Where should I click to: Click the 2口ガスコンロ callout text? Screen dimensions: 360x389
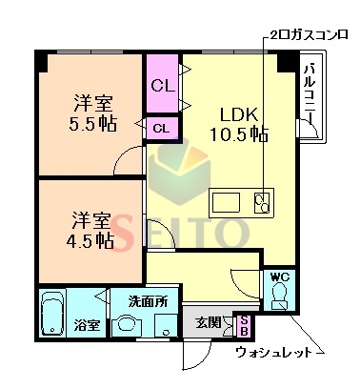click(x=309, y=34)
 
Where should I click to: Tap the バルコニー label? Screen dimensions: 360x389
click(x=310, y=92)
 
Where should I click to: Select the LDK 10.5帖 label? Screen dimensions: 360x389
click(x=239, y=124)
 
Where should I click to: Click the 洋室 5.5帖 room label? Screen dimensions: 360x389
click(x=93, y=113)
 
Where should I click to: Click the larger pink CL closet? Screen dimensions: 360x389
click(x=163, y=83)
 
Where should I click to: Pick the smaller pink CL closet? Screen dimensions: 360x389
click(x=162, y=128)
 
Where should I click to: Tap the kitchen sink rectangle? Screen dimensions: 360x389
click(x=226, y=202)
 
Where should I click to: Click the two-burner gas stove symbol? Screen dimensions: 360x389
click(x=262, y=203)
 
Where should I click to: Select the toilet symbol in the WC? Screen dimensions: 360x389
click(x=279, y=297)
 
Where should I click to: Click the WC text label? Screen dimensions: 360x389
click(x=280, y=277)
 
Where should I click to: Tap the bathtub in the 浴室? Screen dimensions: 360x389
click(x=52, y=314)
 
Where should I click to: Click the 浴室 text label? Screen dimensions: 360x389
click(x=87, y=325)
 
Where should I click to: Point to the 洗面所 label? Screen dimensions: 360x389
click(x=148, y=301)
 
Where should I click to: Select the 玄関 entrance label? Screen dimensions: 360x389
click(x=208, y=322)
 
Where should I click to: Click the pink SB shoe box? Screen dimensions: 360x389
click(x=244, y=326)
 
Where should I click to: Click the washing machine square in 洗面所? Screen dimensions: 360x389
click(x=166, y=325)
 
